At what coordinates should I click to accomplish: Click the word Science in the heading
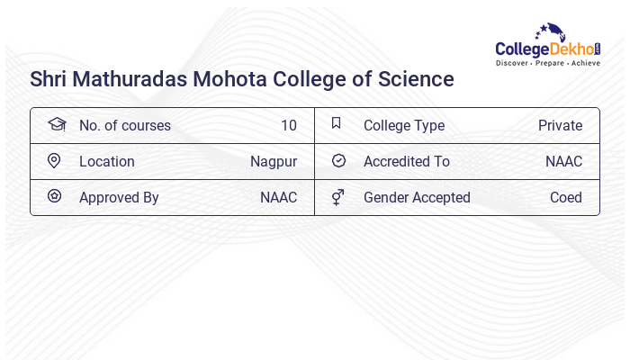[x=415, y=79]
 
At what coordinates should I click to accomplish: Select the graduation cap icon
[x=56, y=124]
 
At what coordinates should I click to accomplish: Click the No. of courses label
[x=124, y=126]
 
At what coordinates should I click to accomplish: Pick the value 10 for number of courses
[x=288, y=126]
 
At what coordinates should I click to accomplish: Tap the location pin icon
[x=54, y=160]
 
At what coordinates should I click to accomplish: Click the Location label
[x=106, y=162]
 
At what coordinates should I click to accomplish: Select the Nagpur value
[x=274, y=162]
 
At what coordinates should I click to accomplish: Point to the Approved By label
[x=119, y=198]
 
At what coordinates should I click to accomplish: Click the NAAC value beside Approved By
[x=278, y=198]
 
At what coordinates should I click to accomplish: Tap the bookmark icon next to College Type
[x=336, y=123]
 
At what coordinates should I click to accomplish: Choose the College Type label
[x=403, y=126]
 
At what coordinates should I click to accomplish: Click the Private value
[x=560, y=126]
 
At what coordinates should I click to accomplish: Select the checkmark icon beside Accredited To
[x=338, y=160]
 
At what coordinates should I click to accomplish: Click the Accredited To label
[x=406, y=162]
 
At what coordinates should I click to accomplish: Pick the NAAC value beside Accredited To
[x=563, y=162]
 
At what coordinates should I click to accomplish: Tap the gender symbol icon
[x=337, y=196]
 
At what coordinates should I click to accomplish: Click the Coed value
[x=566, y=198]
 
